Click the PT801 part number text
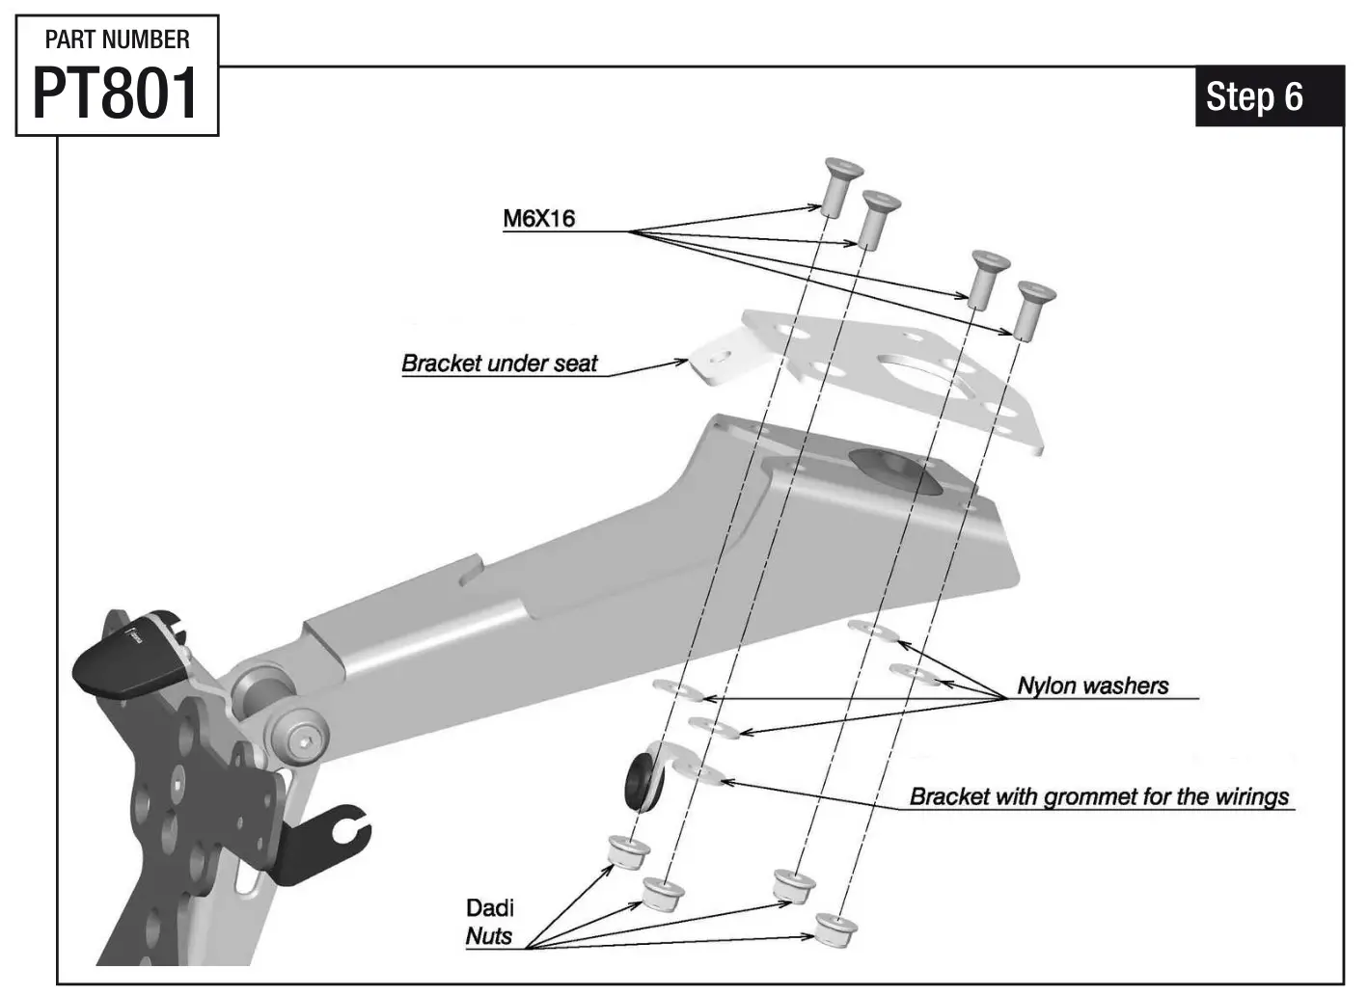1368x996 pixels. [x=116, y=94]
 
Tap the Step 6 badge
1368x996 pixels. [x=1254, y=96]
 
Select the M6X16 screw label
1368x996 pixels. [x=538, y=219]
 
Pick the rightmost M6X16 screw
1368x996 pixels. [x=1033, y=309]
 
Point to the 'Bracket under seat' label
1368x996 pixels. [x=499, y=363]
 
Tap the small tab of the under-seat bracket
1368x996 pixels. [x=718, y=361]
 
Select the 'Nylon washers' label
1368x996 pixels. [x=1092, y=686]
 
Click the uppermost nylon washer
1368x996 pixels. [x=872, y=630]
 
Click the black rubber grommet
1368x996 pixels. [x=640, y=780]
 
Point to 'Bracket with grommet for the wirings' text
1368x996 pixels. [x=1099, y=796]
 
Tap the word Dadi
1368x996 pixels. [x=490, y=907]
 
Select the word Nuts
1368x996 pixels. [x=488, y=935]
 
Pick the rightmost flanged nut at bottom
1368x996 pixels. [x=834, y=929]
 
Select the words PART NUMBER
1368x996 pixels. [x=117, y=40]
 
